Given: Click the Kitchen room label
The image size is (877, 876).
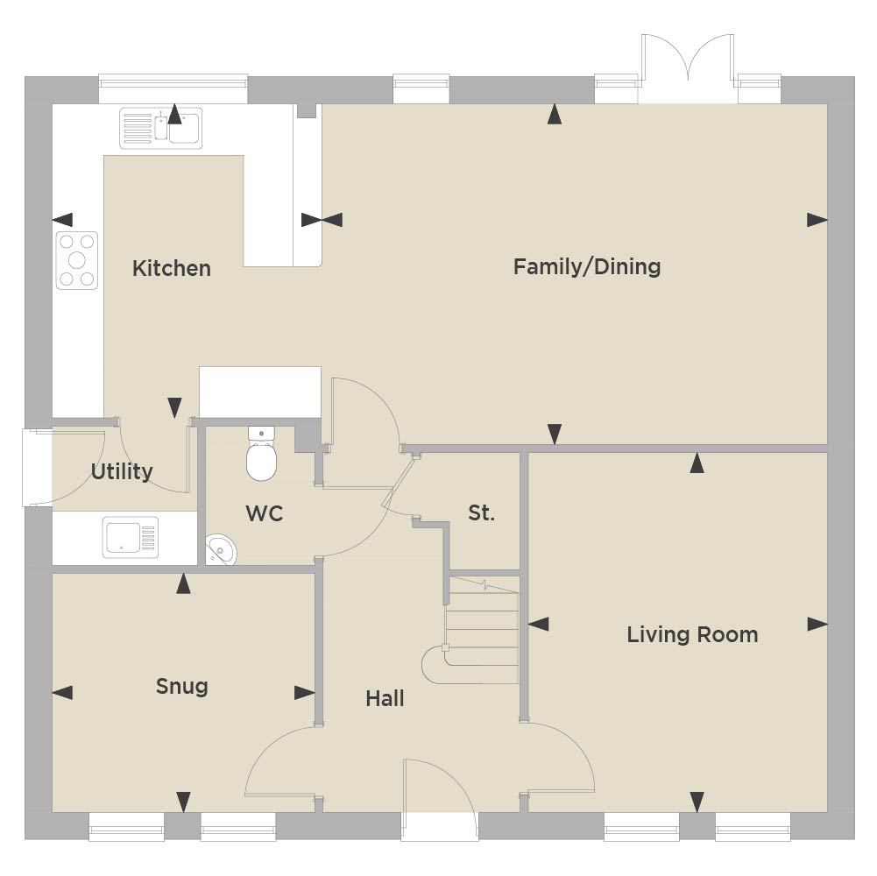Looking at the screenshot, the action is (x=172, y=269).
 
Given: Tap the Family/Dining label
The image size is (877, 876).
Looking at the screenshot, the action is (x=587, y=267).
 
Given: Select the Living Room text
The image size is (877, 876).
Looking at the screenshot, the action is (x=692, y=634).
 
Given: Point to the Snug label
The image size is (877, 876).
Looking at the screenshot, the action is (x=181, y=687).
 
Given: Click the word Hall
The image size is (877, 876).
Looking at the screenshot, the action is (x=385, y=698).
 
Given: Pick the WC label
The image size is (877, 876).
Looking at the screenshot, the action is (x=264, y=513).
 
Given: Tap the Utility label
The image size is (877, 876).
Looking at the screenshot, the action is (x=122, y=471).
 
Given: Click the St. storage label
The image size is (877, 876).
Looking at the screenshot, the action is (x=481, y=512).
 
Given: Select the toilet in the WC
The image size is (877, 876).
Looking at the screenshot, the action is (x=261, y=454).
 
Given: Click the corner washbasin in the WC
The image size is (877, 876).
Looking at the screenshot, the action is (x=220, y=550).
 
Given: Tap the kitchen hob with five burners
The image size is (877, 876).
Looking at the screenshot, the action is (x=76, y=260).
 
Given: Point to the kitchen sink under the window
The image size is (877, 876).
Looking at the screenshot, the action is (x=161, y=128).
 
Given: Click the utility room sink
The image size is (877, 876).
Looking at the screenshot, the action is (x=131, y=537).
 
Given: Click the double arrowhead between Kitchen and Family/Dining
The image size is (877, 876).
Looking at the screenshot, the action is (x=322, y=220).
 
